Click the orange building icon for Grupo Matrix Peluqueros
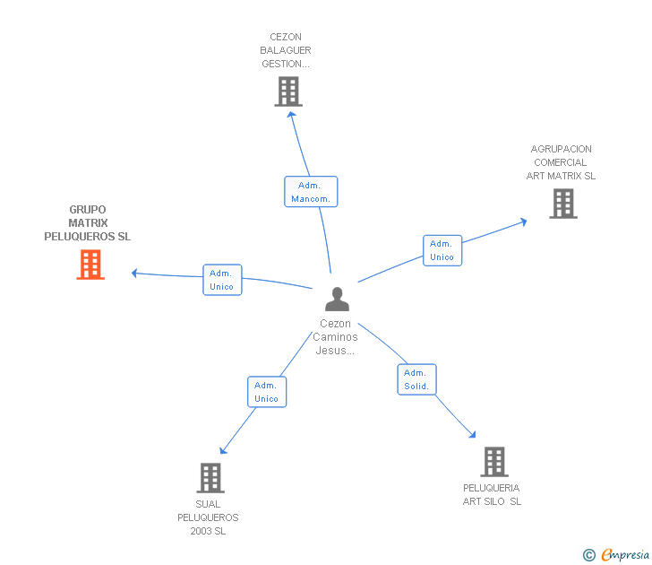tap(90, 265)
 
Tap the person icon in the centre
tap(337, 299)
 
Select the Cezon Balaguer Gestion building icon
tap(288, 91)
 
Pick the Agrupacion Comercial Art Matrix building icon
tap(562, 204)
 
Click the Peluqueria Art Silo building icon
tap(493, 462)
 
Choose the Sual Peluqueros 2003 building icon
tap(210, 478)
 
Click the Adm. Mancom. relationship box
tap(311, 192)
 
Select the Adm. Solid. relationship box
tap(416, 379)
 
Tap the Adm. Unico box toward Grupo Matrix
tap(221, 280)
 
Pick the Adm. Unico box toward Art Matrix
tap(442, 250)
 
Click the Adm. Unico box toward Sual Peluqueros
tap(266, 392)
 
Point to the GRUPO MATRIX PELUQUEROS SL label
tap(88, 223)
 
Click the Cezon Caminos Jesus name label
tap(336, 337)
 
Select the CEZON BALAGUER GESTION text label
tap(286, 51)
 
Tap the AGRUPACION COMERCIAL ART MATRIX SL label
tap(561, 162)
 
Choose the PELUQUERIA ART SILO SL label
tap(492, 495)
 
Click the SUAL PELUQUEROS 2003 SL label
tap(208, 517)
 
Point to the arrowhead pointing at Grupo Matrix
tap(134, 273)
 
